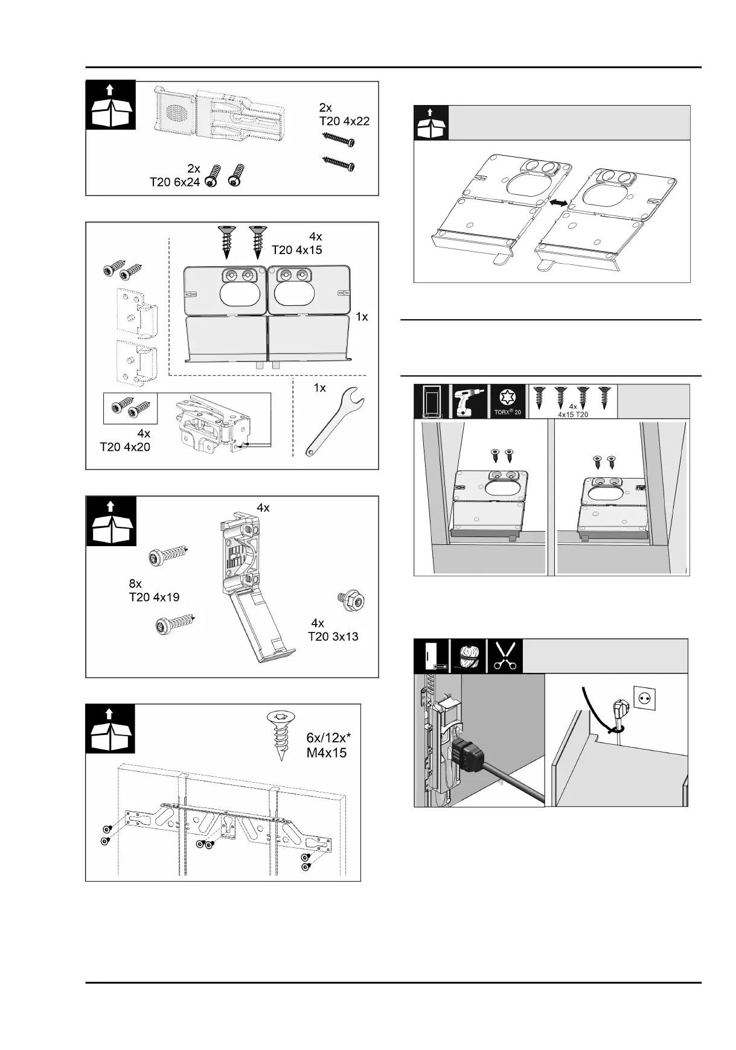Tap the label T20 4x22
[x=344, y=121]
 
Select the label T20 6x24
[x=174, y=182]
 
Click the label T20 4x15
[x=297, y=249]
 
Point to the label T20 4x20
[x=125, y=447]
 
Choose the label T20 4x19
[x=154, y=597]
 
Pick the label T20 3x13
[x=333, y=636]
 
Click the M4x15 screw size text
[x=327, y=752]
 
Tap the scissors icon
[x=505, y=656]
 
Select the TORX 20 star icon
[x=507, y=398]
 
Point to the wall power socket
[x=645, y=699]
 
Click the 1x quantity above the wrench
[x=319, y=388]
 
